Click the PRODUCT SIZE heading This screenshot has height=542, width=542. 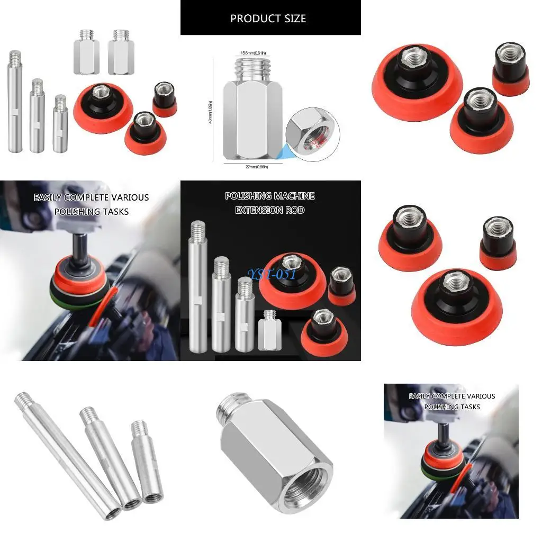tap(268, 19)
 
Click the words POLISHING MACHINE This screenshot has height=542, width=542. tap(270, 196)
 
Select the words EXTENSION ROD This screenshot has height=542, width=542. tap(270, 210)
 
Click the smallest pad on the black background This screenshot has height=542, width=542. tap(341, 286)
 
